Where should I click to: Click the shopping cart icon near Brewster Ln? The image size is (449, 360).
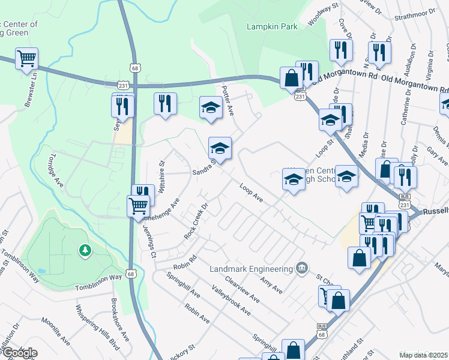click(26, 59)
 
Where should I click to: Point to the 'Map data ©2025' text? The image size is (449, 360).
click(424, 355)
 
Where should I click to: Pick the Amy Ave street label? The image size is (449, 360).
click(271, 284)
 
